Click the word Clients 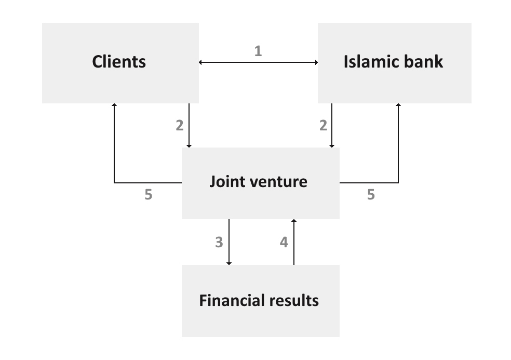pos(119,62)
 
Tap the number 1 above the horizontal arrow pos(258,51)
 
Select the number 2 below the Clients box pos(179,125)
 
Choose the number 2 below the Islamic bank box pos(323,125)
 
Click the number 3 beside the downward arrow pos(219,242)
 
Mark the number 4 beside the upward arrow pos(284,242)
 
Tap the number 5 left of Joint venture pos(149,195)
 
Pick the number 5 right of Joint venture pos(371,195)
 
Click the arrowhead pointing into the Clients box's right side pos(201,62)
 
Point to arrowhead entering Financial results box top pos(229,263)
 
